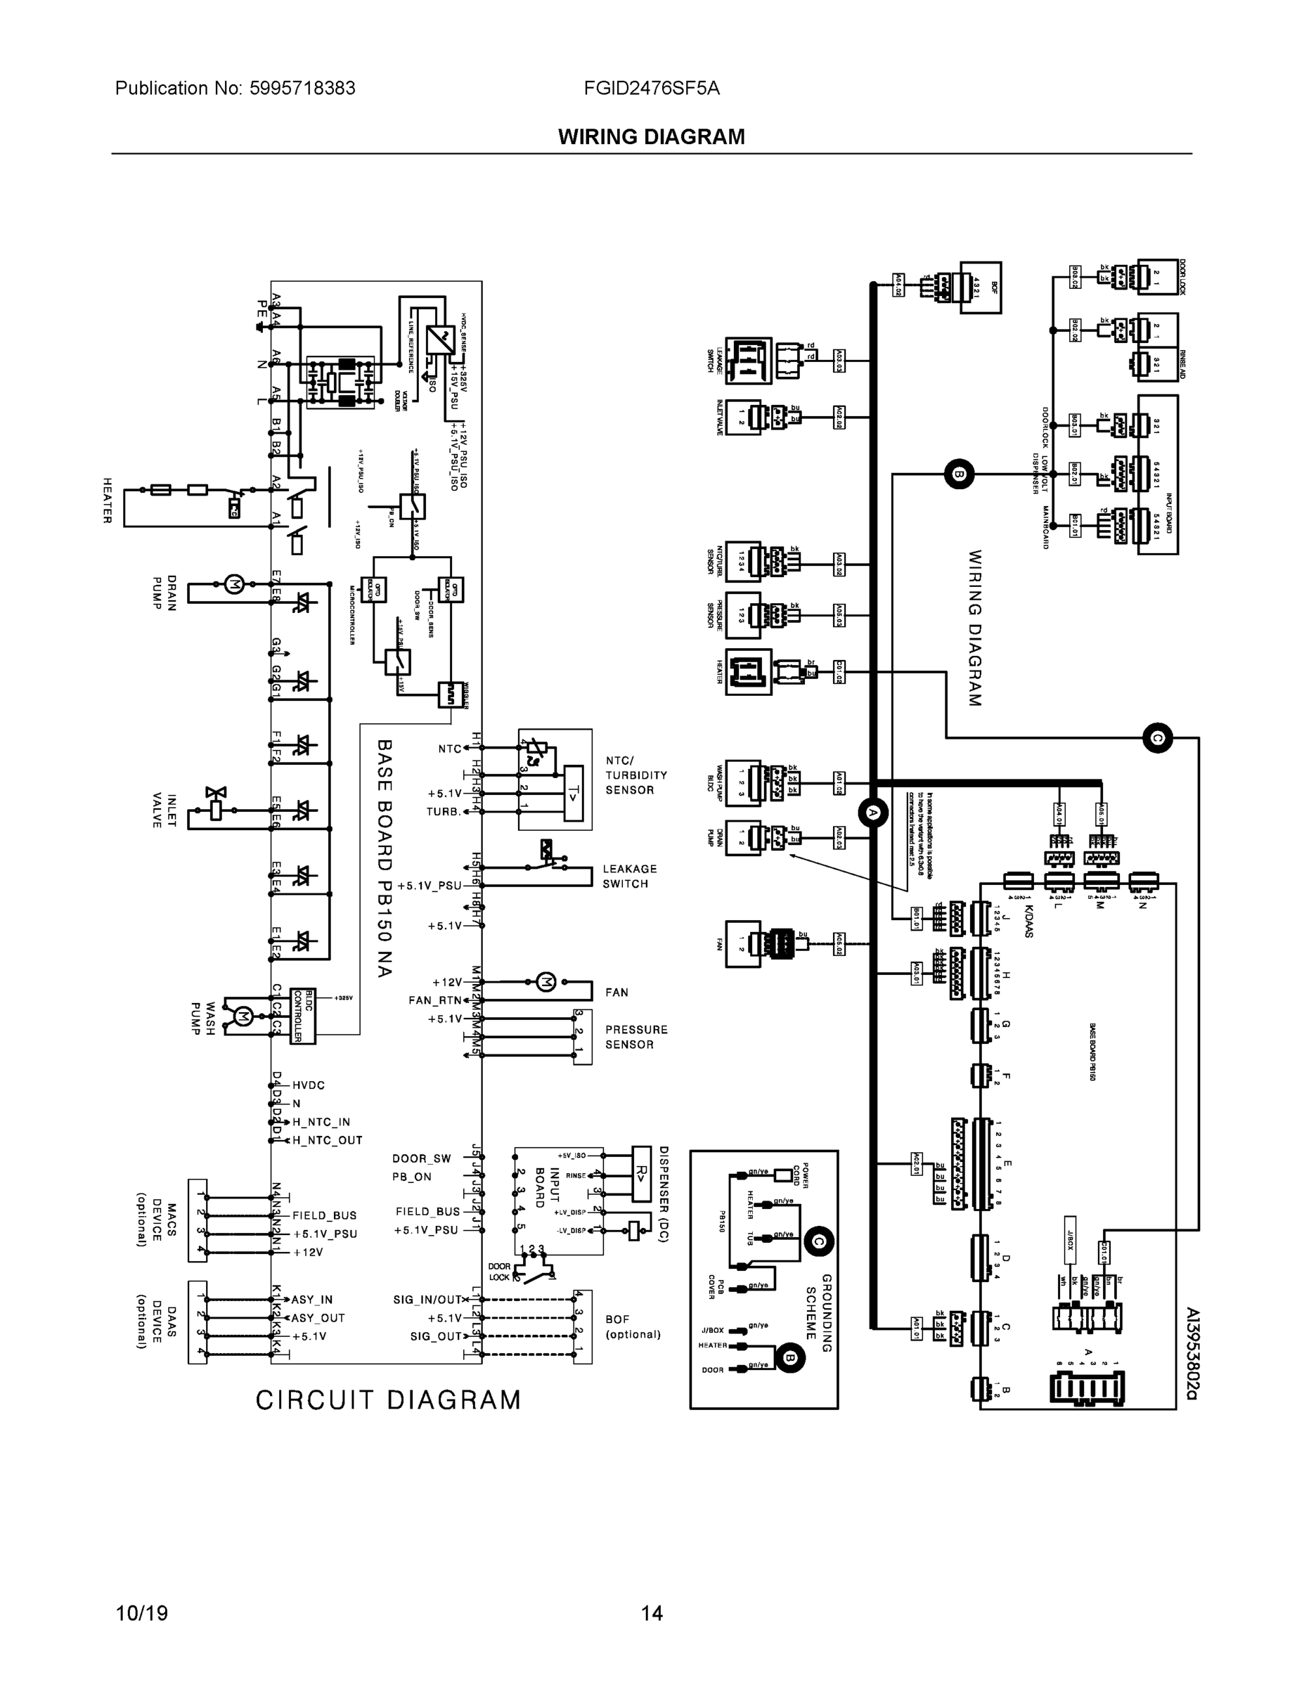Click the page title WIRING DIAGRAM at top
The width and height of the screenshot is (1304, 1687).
click(651, 137)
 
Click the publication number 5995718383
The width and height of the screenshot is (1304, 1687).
click(302, 88)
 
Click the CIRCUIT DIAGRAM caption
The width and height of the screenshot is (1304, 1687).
click(389, 1400)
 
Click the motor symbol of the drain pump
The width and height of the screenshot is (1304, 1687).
click(234, 584)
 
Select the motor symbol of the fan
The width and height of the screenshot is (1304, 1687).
click(546, 982)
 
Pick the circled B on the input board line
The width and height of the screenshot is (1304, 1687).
click(959, 474)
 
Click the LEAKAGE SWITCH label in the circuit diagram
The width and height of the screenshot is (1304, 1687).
click(630, 876)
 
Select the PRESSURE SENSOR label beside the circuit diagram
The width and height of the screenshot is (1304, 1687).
click(635, 1037)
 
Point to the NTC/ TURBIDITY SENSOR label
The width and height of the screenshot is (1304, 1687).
click(635, 775)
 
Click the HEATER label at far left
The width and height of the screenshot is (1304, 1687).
click(108, 500)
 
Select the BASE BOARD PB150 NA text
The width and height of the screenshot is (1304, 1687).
click(385, 858)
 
